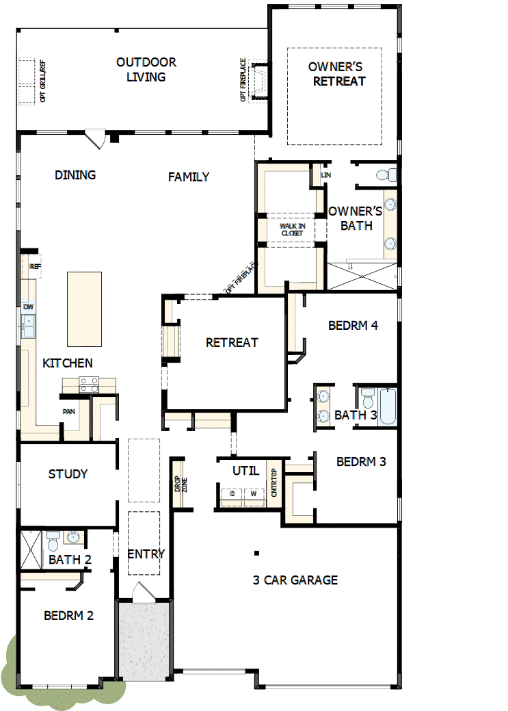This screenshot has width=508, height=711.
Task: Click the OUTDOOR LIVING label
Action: coord(146,69)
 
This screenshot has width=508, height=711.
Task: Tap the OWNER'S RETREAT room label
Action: coord(335,74)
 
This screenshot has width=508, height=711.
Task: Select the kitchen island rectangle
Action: coord(84,309)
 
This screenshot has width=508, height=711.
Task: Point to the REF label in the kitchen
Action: coord(35,266)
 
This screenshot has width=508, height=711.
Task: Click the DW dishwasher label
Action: coord(29,307)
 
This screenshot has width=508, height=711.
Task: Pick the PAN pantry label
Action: coord(68,411)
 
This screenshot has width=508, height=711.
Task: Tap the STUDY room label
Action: coord(68,474)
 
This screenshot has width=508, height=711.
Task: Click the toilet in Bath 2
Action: coord(53,541)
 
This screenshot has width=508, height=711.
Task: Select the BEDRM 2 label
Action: coord(68,615)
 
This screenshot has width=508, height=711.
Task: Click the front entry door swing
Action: coord(144,592)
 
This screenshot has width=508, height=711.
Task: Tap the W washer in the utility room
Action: coord(253,493)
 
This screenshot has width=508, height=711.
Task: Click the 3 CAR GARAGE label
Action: coord(295,580)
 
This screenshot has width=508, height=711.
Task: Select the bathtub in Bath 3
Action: coord(387,406)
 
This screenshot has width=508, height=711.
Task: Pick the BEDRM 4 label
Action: coord(353,326)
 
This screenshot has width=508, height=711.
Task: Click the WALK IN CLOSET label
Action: coord(291,229)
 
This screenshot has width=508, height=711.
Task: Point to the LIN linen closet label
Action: coord(326,175)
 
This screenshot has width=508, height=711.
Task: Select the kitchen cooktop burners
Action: coord(90,385)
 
